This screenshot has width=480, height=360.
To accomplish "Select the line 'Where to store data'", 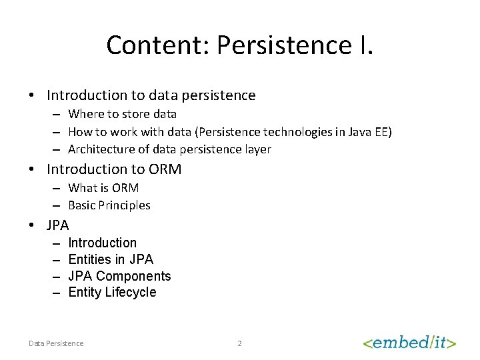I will click(x=122, y=114).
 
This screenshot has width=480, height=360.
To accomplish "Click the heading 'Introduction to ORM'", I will click(x=114, y=169).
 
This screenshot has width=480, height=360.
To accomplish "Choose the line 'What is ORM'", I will click(x=103, y=188).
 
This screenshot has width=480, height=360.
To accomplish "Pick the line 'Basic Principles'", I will click(x=109, y=205).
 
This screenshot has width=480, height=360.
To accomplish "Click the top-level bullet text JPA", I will click(x=58, y=225).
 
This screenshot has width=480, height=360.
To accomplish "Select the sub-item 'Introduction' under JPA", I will click(x=102, y=243).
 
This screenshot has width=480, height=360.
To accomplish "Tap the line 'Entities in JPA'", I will click(x=111, y=259).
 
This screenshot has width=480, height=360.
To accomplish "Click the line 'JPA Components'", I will click(x=119, y=276).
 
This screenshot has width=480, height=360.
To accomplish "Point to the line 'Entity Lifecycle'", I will click(x=112, y=292).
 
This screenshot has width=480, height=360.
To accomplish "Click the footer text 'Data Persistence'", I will click(x=56, y=343).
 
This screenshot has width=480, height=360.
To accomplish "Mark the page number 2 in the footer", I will click(x=240, y=343).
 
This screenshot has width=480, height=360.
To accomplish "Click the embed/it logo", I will click(x=409, y=343).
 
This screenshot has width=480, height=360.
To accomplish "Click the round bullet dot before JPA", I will click(x=32, y=225).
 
